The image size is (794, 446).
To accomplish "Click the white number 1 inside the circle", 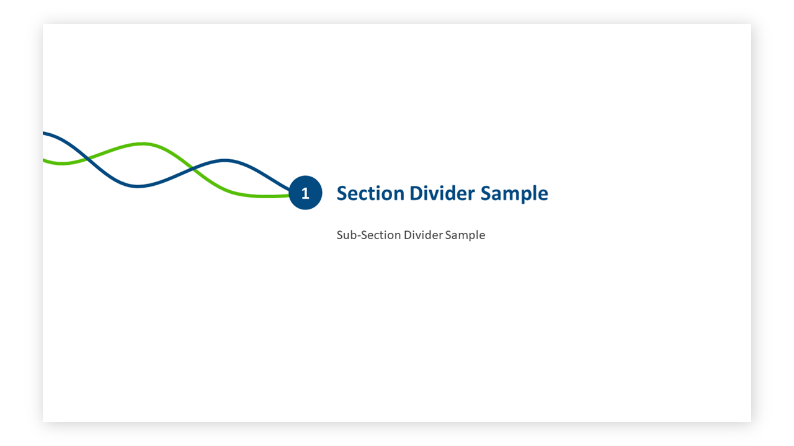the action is (x=305, y=193).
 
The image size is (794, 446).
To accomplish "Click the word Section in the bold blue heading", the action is (x=370, y=193).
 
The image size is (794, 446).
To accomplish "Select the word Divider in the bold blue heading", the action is (x=442, y=193).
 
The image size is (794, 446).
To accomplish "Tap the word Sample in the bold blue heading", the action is (x=514, y=194).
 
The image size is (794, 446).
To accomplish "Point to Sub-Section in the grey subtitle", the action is (x=368, y=235).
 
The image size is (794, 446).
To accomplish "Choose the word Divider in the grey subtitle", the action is (x=423, y=235).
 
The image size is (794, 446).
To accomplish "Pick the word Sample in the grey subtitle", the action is (x=465, y=235).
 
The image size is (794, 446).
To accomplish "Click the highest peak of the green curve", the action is (x=142, y=144).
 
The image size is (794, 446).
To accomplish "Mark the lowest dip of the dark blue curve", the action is (x=138, y=186).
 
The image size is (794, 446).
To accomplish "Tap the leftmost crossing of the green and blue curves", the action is (x=87, y=159).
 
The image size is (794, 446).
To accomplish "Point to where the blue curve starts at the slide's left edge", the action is (x=43, y=133).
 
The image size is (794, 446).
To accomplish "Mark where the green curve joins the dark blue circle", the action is (x=289, y=195).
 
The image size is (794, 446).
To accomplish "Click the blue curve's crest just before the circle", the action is (x=225, y=160).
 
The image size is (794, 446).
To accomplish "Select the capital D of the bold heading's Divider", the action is (x=416, y=193).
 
